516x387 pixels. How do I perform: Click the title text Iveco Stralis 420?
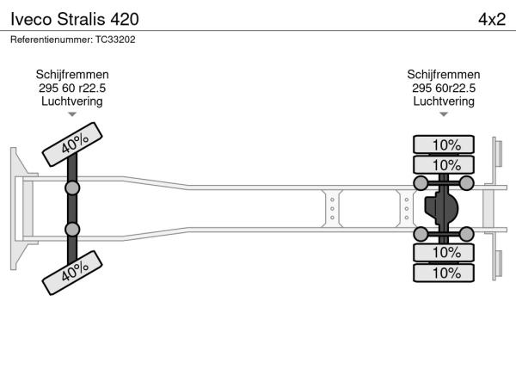[73, 18]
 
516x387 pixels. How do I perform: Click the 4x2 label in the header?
[491, 18]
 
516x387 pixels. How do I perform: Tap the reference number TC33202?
[73, 40]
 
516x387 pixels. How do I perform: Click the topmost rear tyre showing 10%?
[445, 144]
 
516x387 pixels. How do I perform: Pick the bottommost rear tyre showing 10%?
[445, 273]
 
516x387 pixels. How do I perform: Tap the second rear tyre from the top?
[445, 165]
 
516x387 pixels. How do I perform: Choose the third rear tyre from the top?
[445, 252]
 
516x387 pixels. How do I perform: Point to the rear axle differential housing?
[440, 208]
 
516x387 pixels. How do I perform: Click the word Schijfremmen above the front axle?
[72, 75]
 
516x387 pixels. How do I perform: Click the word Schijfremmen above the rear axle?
[444, 75]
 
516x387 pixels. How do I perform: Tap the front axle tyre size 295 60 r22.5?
[72, 88]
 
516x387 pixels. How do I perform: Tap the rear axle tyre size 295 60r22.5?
[444, 88]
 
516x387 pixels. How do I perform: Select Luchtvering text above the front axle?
[72, 101]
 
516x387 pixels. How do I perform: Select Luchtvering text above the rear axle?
[444, 101]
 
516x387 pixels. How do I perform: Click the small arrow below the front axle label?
[72, 114]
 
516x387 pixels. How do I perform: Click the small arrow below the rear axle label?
[444, 114]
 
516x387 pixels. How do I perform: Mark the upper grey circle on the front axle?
[73, 187]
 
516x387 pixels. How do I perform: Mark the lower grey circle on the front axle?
[73, 230]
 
